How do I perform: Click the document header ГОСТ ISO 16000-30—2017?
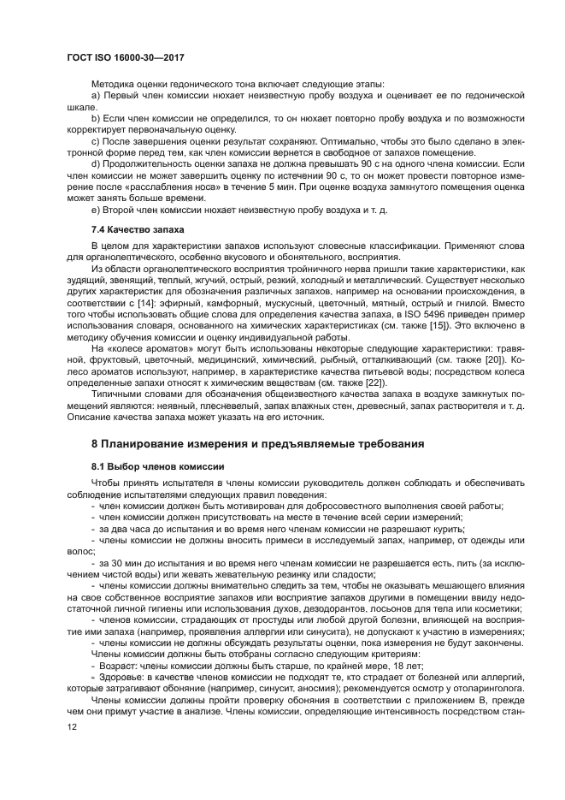[x=126, y=57]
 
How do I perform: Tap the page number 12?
[x=71, y=750]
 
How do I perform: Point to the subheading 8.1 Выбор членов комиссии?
[x=157, y=466]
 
